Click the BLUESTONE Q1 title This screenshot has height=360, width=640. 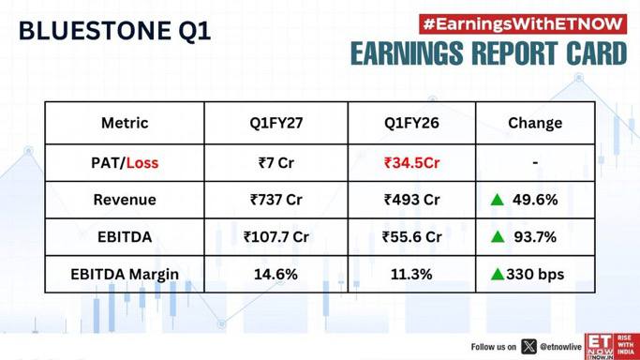[114, 31]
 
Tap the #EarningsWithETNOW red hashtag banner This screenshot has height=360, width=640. [523, 24]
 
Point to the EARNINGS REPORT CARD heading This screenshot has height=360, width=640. [488, 53]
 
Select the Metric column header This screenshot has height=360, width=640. [125, 123]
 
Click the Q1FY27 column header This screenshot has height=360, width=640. [276, 123]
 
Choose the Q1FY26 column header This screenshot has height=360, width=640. [411, 123]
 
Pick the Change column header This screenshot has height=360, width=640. [535, 123]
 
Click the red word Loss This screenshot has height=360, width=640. [142, 163]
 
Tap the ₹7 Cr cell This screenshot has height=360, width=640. [276, 163]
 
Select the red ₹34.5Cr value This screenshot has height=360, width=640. [412, 163]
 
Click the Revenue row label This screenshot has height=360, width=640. [125, 200]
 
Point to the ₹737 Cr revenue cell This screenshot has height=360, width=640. [276, 200]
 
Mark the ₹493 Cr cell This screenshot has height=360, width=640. [412, 200]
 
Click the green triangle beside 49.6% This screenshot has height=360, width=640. [498, 200]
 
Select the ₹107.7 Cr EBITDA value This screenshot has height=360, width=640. [276, 237]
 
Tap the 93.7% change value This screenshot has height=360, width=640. [535, 237]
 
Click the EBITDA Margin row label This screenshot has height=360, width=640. [125, 275]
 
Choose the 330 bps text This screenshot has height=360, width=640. [535, 275]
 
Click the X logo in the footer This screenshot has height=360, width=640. [528, 347]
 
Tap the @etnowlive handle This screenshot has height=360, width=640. [560, 347]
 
